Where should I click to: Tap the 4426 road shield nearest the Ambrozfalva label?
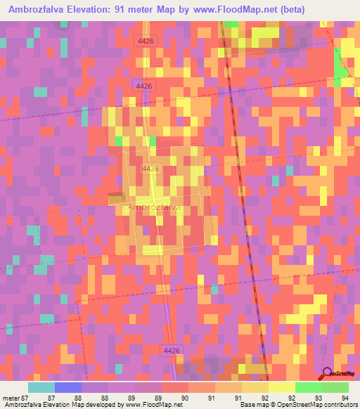(150, 169)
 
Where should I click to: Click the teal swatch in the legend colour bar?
(41, 387)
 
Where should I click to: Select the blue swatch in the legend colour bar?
(67, 387)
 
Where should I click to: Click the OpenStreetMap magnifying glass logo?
(326, 373)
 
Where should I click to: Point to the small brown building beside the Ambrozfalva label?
(115, 200)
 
